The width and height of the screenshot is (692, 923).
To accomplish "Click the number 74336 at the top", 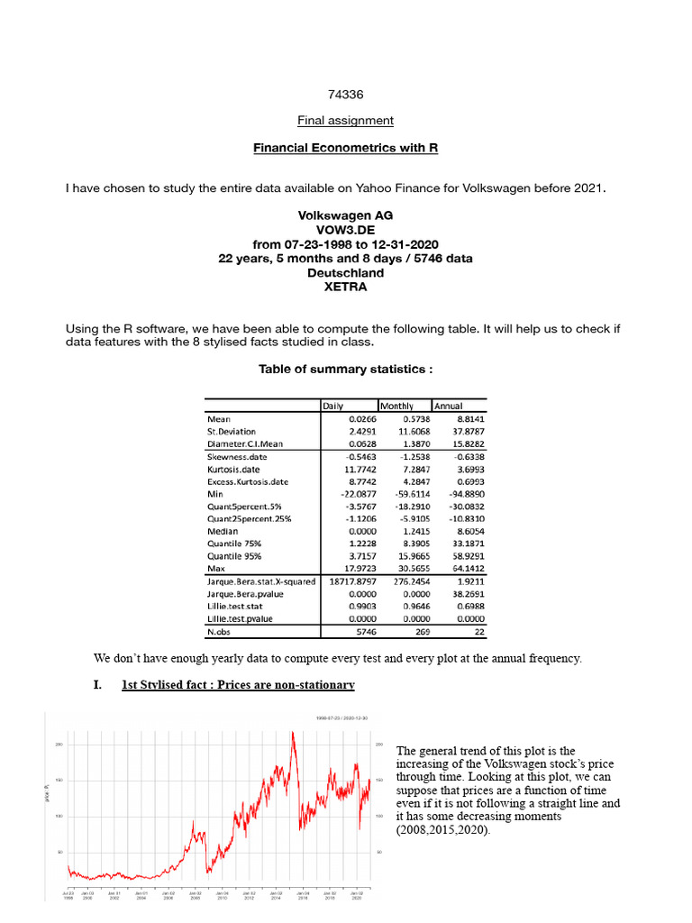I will (x=346, y=94).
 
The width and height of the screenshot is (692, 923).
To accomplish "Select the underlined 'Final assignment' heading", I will (x=346, y=120).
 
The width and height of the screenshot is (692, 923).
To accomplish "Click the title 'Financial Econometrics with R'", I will (x=346, y=146).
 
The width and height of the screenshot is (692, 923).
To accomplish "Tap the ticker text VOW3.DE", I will (x=346, y=230).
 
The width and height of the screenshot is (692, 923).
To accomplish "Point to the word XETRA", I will (x=346, y=287).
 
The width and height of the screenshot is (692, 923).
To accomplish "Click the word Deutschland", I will (x=346, y=272).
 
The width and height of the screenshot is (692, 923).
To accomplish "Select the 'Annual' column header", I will (x=449, y=407).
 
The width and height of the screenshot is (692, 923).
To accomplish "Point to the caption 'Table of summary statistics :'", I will (x=346, y=369).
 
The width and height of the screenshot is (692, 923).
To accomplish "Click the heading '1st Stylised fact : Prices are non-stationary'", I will (x=238, y=685).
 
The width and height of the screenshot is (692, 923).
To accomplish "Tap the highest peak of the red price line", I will (x=293, y=732).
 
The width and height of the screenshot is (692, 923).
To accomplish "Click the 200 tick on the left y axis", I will (x=59, y=745).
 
